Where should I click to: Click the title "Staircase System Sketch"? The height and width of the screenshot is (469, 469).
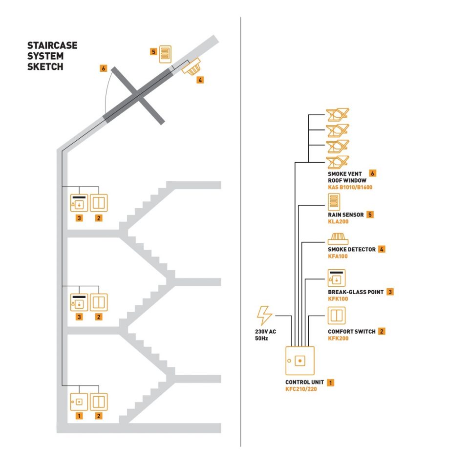52,57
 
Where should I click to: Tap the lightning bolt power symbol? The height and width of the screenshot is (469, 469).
265,315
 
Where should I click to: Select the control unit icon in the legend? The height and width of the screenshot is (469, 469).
299,361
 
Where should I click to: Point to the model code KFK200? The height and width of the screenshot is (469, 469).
338,338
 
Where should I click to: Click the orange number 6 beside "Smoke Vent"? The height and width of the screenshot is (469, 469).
373,173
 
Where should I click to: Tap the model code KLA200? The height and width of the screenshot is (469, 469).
338,221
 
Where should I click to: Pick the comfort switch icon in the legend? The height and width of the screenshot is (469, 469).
337,315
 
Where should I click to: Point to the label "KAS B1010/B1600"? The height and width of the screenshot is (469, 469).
350,187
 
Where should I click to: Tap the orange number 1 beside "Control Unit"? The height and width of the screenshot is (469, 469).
331,382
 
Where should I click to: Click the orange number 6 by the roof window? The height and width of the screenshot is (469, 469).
103,68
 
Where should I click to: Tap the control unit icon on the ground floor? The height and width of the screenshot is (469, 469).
79,402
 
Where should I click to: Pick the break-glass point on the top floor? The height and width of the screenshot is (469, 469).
79,203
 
